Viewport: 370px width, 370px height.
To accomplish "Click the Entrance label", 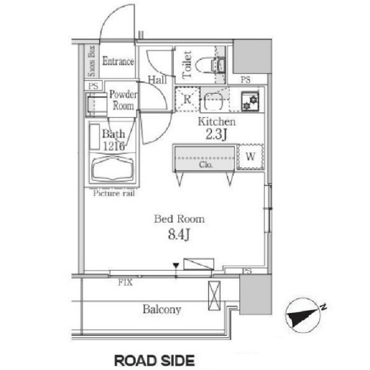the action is pos(118,61).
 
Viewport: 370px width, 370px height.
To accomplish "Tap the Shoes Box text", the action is pos(91,61).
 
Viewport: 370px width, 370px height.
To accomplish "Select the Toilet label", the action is pos(187,65).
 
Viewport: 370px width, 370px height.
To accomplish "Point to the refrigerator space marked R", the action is pos(187,99).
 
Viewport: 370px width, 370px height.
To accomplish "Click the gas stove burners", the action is pos(250,101).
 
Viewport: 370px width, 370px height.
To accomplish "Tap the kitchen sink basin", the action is pos(214,102).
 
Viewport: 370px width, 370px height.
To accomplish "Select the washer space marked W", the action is pos(250,157).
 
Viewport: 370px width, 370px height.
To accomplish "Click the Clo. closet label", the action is pos(206,165).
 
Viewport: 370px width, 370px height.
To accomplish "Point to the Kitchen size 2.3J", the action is pos(216,135).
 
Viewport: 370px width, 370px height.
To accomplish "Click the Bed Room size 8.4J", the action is pos(179,234).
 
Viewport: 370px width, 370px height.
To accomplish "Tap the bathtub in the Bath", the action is pos(112,169).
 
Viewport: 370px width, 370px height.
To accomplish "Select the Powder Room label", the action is pos(123,101).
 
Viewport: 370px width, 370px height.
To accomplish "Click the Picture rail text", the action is pos(114,194).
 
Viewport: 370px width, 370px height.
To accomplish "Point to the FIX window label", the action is pos(125,282).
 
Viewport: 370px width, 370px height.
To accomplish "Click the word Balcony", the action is pos(162,310).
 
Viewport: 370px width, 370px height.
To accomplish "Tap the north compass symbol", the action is pos(303,315).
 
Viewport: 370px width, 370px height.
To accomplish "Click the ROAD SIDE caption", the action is pos(155,360).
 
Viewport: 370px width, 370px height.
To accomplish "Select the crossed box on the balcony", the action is pos(214,296).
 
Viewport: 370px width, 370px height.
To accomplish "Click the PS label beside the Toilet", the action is pos(245,80).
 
